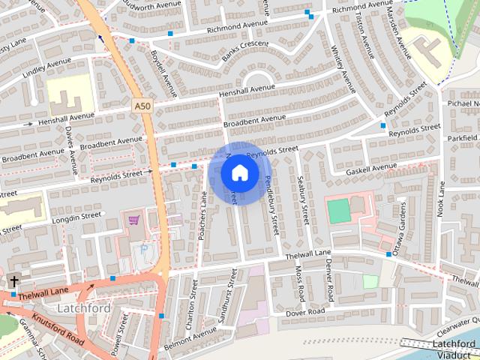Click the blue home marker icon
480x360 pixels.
pos(239,172)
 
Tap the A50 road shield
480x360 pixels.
pos(144,107)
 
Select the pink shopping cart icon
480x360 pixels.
pos(134,220)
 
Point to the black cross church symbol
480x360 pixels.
pos(14,281)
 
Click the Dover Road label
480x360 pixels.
pos(304,311)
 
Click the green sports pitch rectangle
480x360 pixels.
pos(339,210)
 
